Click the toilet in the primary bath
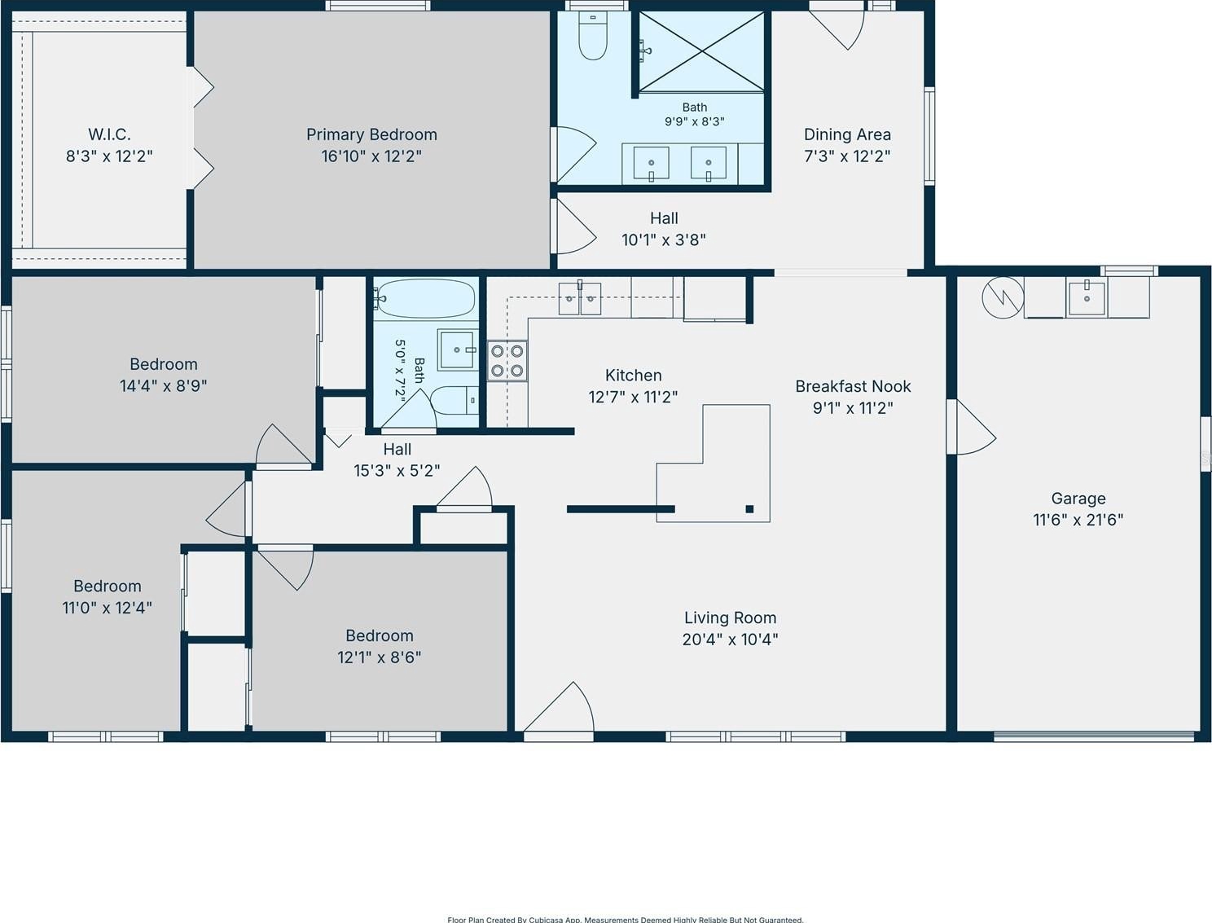[592, 35]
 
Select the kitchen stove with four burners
[507, 361]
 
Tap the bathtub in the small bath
[424, 299]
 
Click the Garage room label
[1078, 499]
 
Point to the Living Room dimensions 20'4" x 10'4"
[730, 640]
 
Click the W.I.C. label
[109, 134]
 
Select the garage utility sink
[1087, 298]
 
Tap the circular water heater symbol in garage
[1003, 297]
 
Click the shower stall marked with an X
[701, 51]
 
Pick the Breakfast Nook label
[853, 386]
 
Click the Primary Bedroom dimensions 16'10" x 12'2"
[371, 156]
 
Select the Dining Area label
[847, 134]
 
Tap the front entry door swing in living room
[559, 707]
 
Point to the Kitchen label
[633, 376]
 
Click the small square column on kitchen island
[749, 509]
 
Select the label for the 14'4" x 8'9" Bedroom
[164, 364]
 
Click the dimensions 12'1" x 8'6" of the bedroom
[380, 657]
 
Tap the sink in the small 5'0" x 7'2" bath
[458, 349]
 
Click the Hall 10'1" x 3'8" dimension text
[664, 240]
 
